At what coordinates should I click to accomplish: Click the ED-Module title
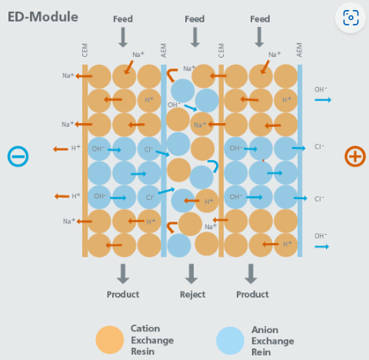click(x=43, y=17)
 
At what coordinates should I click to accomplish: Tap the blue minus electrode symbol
click(x=18, y=156)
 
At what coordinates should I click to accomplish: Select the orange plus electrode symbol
click(x=355, y=156)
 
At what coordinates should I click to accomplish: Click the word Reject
click(x=192, y=295)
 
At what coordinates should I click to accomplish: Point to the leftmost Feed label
click(x=123, y=19)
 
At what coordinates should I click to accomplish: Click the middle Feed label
click(x=194, y=19)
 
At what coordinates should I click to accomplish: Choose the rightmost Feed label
click(x=260, y=19)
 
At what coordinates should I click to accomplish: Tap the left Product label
click(x=123, y=295)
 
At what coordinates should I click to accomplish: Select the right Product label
click(x=252, y=295)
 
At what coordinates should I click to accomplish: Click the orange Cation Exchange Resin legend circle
click(x=110, y=340)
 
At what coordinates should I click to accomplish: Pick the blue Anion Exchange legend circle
click(x=230, y=341)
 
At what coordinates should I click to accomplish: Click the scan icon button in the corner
click(x=351, y=18)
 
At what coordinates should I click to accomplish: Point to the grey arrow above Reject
click(x=191, y=274)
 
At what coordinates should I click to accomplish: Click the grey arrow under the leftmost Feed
click(x=123, y=38)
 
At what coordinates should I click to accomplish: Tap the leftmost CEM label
click(x=85, y=50)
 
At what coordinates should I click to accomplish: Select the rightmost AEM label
click(x=299, y=50)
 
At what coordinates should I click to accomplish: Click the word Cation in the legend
click(x=145, y=328)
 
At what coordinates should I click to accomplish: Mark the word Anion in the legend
click(x=265, y=330)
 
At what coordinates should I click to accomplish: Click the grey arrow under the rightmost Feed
click(x=259, y=37)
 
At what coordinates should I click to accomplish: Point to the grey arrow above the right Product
click(x=251, y=274)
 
